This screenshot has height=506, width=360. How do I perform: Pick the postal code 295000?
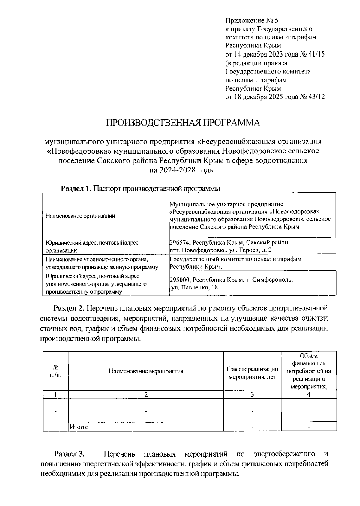[x=179, y=280]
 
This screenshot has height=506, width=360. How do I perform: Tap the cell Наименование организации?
[x=80, y=216]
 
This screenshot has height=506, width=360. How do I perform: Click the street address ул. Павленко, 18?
[x=194, y=287]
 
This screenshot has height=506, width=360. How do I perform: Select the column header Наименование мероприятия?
[x=146, y=371]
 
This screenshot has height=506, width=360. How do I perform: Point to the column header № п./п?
[x=55, y=371]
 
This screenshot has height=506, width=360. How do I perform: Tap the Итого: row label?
[x=79, y=427]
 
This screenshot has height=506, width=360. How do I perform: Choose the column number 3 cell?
[x=252, y=394]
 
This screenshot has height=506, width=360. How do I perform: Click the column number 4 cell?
[x=309, y=394]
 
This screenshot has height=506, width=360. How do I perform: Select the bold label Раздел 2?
[x=70, y=308]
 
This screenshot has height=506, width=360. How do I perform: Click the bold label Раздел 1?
[x=76, y=189]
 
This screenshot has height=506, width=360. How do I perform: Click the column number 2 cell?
[x=146, y=394]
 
